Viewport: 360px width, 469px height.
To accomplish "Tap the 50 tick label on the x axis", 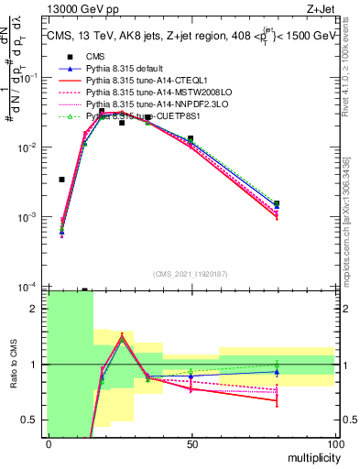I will pos(191,443).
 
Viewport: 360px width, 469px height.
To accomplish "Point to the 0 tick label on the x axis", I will pos(49,443).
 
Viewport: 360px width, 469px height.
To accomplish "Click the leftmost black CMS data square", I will pos(61,180).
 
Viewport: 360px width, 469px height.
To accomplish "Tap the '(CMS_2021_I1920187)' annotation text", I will pos(191,274).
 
